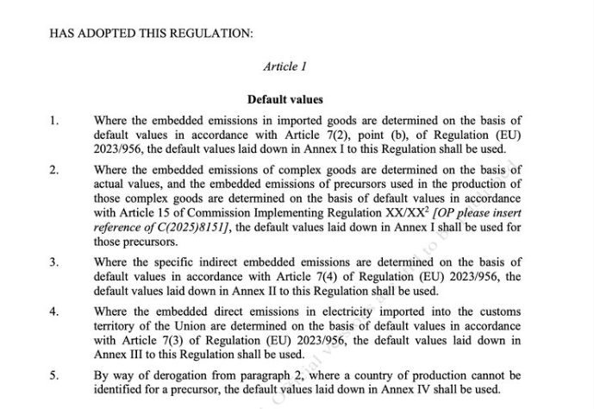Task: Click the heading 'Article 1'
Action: click(x=284, y=66)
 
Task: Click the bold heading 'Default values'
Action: click(x=284, y=100)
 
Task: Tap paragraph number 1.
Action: click(x=53, y=122)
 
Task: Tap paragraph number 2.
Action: click(x=53, y=170)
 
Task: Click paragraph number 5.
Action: click(x=53, y=375)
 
